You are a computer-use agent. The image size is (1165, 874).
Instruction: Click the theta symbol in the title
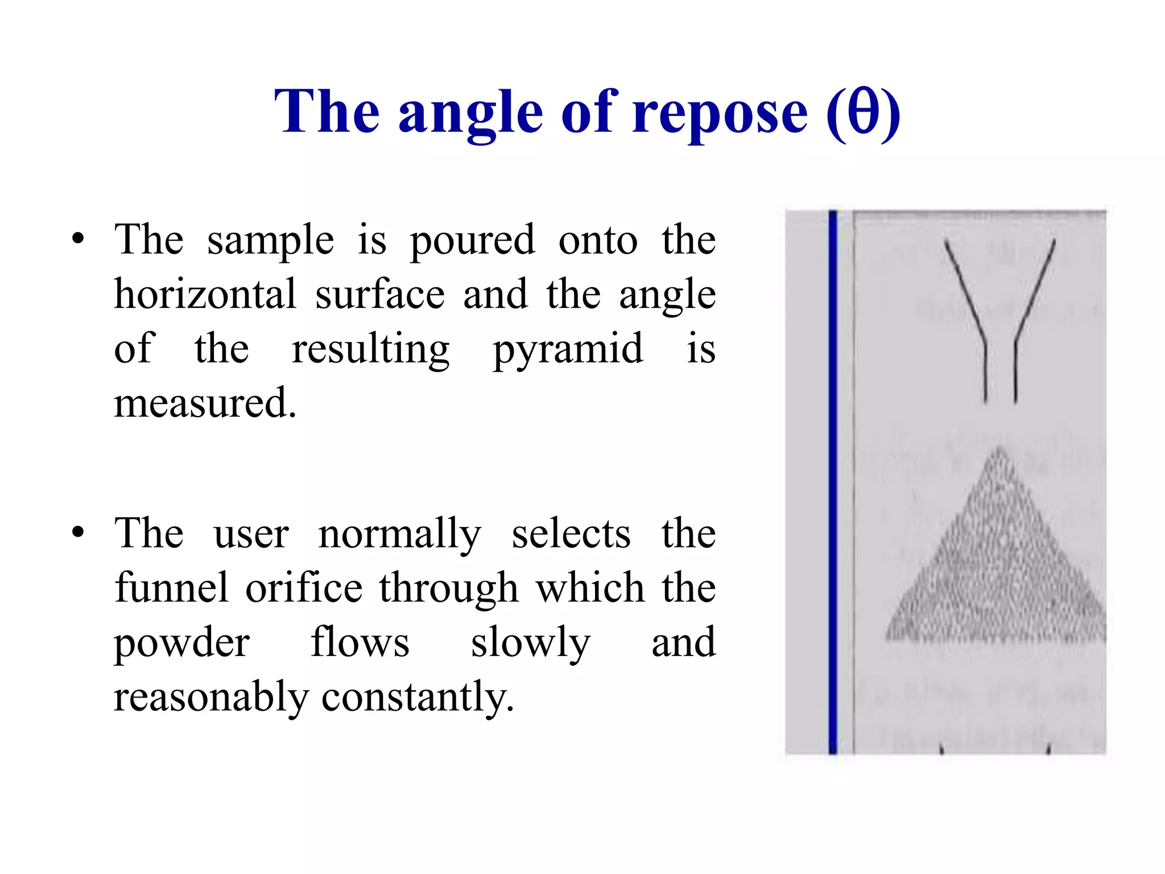[x=862, y=112]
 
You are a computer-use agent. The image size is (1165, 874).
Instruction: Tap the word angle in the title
[x=470, y=114]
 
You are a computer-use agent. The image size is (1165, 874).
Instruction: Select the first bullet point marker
[x=79, y=239]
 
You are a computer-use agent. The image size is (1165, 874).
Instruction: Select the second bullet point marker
[x=79, y=533]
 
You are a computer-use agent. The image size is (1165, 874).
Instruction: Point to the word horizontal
[x=205, y=294]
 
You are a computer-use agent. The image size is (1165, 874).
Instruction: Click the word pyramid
[x=568, y=349]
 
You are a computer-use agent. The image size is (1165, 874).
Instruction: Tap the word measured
[x=205, y=403]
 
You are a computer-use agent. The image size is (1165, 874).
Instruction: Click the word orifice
[x=304, y=587]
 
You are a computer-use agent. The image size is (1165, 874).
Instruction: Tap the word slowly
[x=530, y=643]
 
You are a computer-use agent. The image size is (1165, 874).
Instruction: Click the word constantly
[x=418, y=698]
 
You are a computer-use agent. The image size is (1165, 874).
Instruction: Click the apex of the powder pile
[x=999, y=450]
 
